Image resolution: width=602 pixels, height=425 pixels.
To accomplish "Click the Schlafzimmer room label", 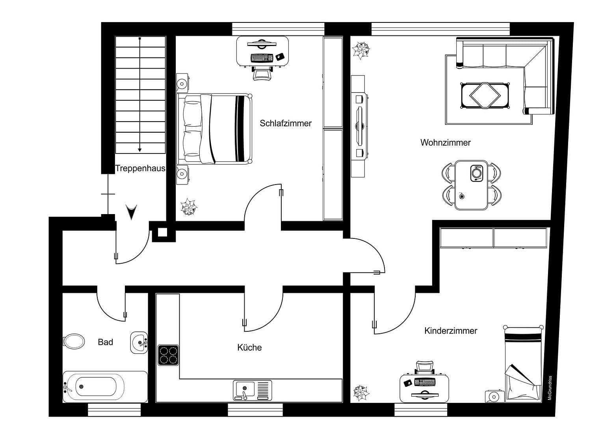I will point(286,123).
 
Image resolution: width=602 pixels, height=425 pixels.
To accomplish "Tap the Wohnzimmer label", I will point(445,142).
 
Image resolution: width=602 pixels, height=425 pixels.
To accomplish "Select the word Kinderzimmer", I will point(451,331).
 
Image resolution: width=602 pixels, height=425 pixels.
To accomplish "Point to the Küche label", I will point(249,347).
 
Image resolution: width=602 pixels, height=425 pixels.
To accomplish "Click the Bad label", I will point(105,342).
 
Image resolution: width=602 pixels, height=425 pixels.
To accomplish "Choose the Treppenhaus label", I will point(140,169).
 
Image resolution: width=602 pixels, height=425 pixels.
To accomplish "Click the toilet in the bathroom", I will point(74,341).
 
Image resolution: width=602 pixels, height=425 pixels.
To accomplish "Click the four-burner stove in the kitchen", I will point(168,355).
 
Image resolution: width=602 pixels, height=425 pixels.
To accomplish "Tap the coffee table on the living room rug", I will point(485,95).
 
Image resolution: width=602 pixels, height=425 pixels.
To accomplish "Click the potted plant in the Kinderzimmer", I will point(361,392).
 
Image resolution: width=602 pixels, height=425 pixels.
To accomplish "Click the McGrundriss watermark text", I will point(550,388).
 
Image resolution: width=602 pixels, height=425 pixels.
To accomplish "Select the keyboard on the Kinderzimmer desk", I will point(425,382).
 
